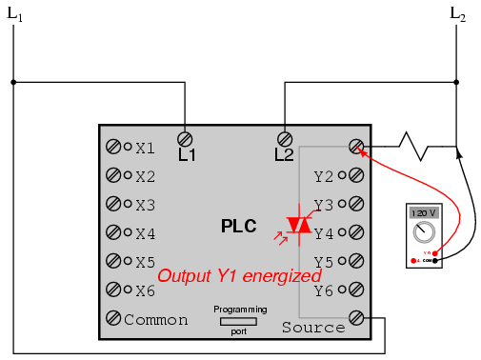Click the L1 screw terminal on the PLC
pos(187,137)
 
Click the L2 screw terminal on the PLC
pos(283,137)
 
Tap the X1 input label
pos(145,148)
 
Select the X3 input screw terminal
pos(114,204)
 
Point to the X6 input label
pos(145,290)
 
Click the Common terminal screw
pos(114,319)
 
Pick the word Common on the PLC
pos(156,320)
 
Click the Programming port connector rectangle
pos(239,322)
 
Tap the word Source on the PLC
pos(313,328)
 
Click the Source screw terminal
pos(356,318)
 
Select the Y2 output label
pos(324,176)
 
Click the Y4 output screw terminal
pos(356,232)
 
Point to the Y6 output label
pos(324,290)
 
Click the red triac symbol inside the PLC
pos(300,224)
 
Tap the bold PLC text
pos(240,227)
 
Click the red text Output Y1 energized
pos(239,275)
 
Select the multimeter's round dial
pos(425,232)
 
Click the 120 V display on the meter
pos(425,213)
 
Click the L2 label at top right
pos(458,16)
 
